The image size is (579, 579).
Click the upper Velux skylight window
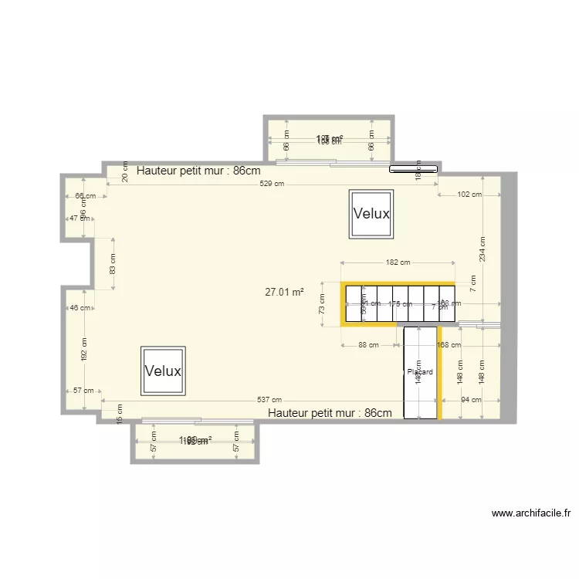point(371,214)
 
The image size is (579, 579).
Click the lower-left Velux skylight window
point(163,371)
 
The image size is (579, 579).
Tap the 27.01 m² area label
point(284,293)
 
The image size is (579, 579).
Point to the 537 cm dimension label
point(269,400)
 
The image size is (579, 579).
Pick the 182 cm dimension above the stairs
point(398,263)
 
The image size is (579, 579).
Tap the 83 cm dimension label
point(113,264)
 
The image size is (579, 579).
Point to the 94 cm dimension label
point(470,400)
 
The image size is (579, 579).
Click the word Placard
point(420,372)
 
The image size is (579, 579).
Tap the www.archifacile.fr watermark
point(530,513)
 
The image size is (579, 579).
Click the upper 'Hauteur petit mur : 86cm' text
point(198,171)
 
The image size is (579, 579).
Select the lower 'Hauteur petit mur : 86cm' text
point(330,413)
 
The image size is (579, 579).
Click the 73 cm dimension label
point(323,304)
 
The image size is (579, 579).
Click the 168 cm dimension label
point(449,345)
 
